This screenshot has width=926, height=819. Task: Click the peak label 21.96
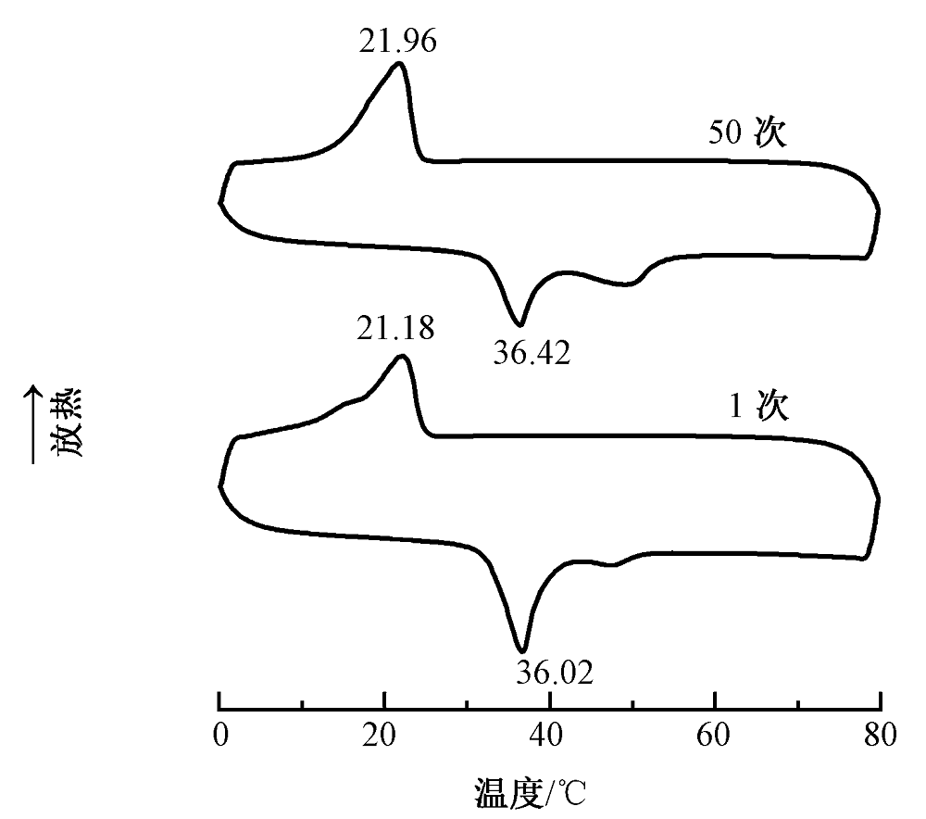[398, 41]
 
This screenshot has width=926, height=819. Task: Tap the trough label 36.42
[532, 353]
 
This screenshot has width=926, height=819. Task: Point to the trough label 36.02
[555, 673]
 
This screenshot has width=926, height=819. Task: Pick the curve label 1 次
[759, 406]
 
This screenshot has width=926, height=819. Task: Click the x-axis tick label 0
[220, 735]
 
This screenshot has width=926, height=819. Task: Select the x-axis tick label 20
[379, 735]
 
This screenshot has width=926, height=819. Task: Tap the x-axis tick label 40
[545, 735]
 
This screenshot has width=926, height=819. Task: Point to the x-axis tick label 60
[713, 735]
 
